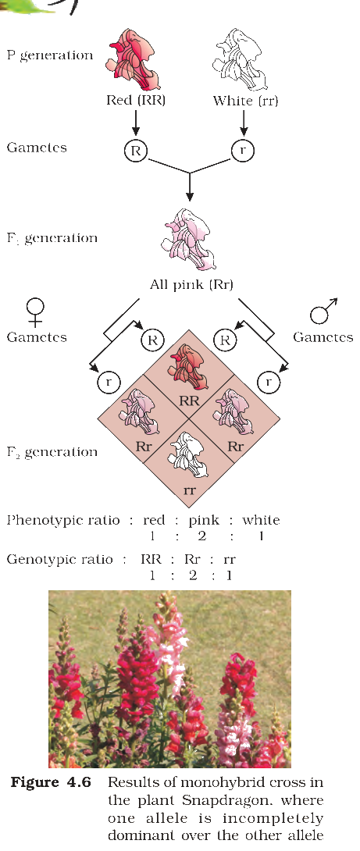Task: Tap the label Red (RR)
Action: click(136, 101)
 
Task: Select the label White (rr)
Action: click(245, 101)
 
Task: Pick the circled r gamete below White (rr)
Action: click(243, 151)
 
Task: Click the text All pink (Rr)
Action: click(191, 284)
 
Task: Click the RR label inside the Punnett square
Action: click(190, 401)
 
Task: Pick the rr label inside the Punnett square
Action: click(190, 492)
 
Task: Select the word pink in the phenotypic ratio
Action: click(204, 521)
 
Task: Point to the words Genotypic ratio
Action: click(59, 560)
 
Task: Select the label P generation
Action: click(50, 56)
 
